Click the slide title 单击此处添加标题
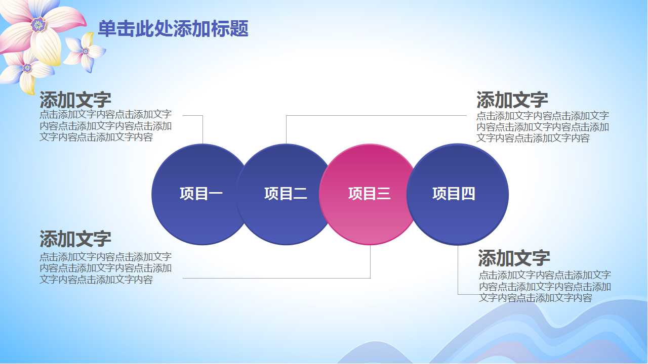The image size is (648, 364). (x=173, y=29)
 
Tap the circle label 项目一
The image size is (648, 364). (x=201, y=194)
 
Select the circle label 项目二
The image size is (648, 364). (x=286, y=194)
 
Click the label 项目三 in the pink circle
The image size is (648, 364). (x=370, y=194)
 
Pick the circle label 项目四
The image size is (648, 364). (x=454, y=194)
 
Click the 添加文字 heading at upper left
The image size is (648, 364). (x=75, y=100)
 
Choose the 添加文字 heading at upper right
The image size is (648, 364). (x=512, y=100)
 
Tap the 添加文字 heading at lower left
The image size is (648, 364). (x=75, y=239)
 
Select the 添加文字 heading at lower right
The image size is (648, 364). (x=514, y=258)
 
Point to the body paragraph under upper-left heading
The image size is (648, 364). (x=105, y=126)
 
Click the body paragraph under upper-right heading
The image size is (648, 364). (x=542, y=127)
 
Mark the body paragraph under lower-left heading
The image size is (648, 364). (x=105, y=268)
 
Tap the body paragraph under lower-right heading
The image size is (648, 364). (x=545, y=287)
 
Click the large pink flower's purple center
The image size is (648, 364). (x=38, y=24)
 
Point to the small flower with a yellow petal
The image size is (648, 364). (x=85, y=51)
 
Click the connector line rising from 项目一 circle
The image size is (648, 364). (x=202, y=129)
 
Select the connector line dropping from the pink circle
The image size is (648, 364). (x=370, y=262)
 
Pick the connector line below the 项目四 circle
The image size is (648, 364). (x=458, y=270)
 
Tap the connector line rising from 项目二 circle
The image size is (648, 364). (x=286, y=129)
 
